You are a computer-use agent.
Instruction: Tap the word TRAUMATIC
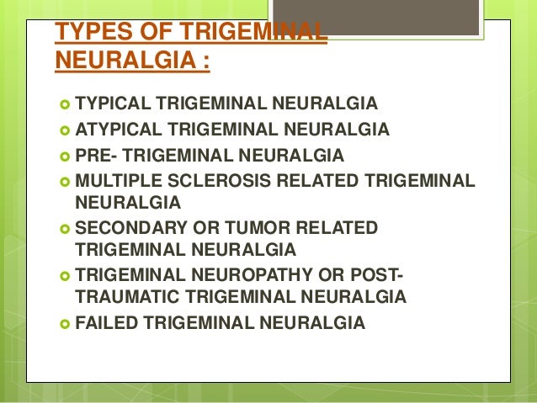pyautogui.click(x=120, y=296)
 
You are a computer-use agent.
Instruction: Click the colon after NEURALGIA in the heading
pyautogui.click(x=205, y=61)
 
